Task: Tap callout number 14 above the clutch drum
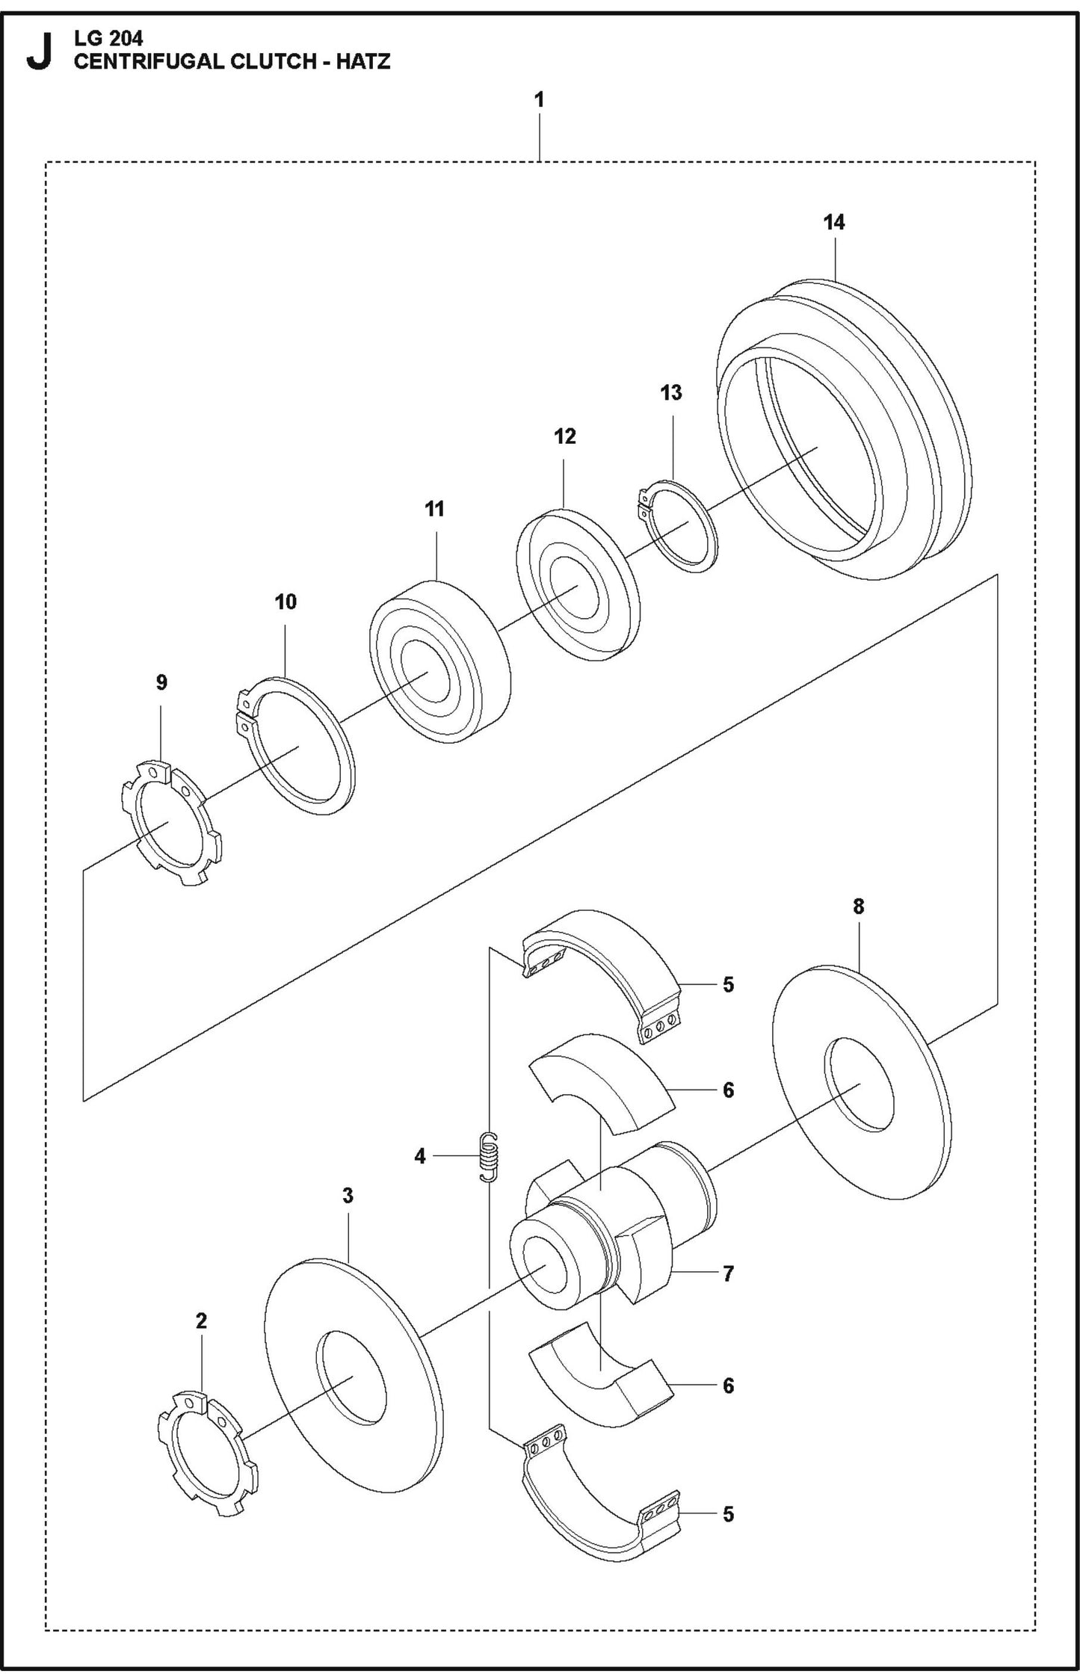point(833,222)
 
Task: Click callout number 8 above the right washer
point(858,907)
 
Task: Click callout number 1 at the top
point(539,99)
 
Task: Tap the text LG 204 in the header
point(108,38)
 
